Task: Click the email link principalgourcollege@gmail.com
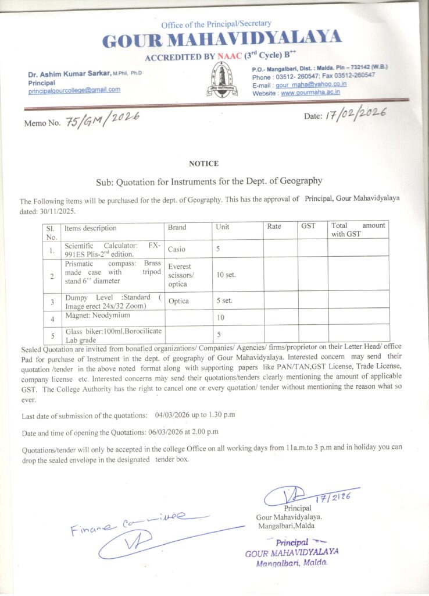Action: click(74, 90)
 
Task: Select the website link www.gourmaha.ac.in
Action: click(310, 93)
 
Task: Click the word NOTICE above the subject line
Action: click(203, 164)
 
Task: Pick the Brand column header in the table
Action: click(177, 228)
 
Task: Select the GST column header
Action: click(308, 226)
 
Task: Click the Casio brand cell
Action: click(177, 249)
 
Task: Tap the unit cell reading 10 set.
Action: click(226, 274)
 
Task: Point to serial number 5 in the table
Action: click(52, 335)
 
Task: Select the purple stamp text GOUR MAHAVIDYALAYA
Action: click(292, 552)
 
